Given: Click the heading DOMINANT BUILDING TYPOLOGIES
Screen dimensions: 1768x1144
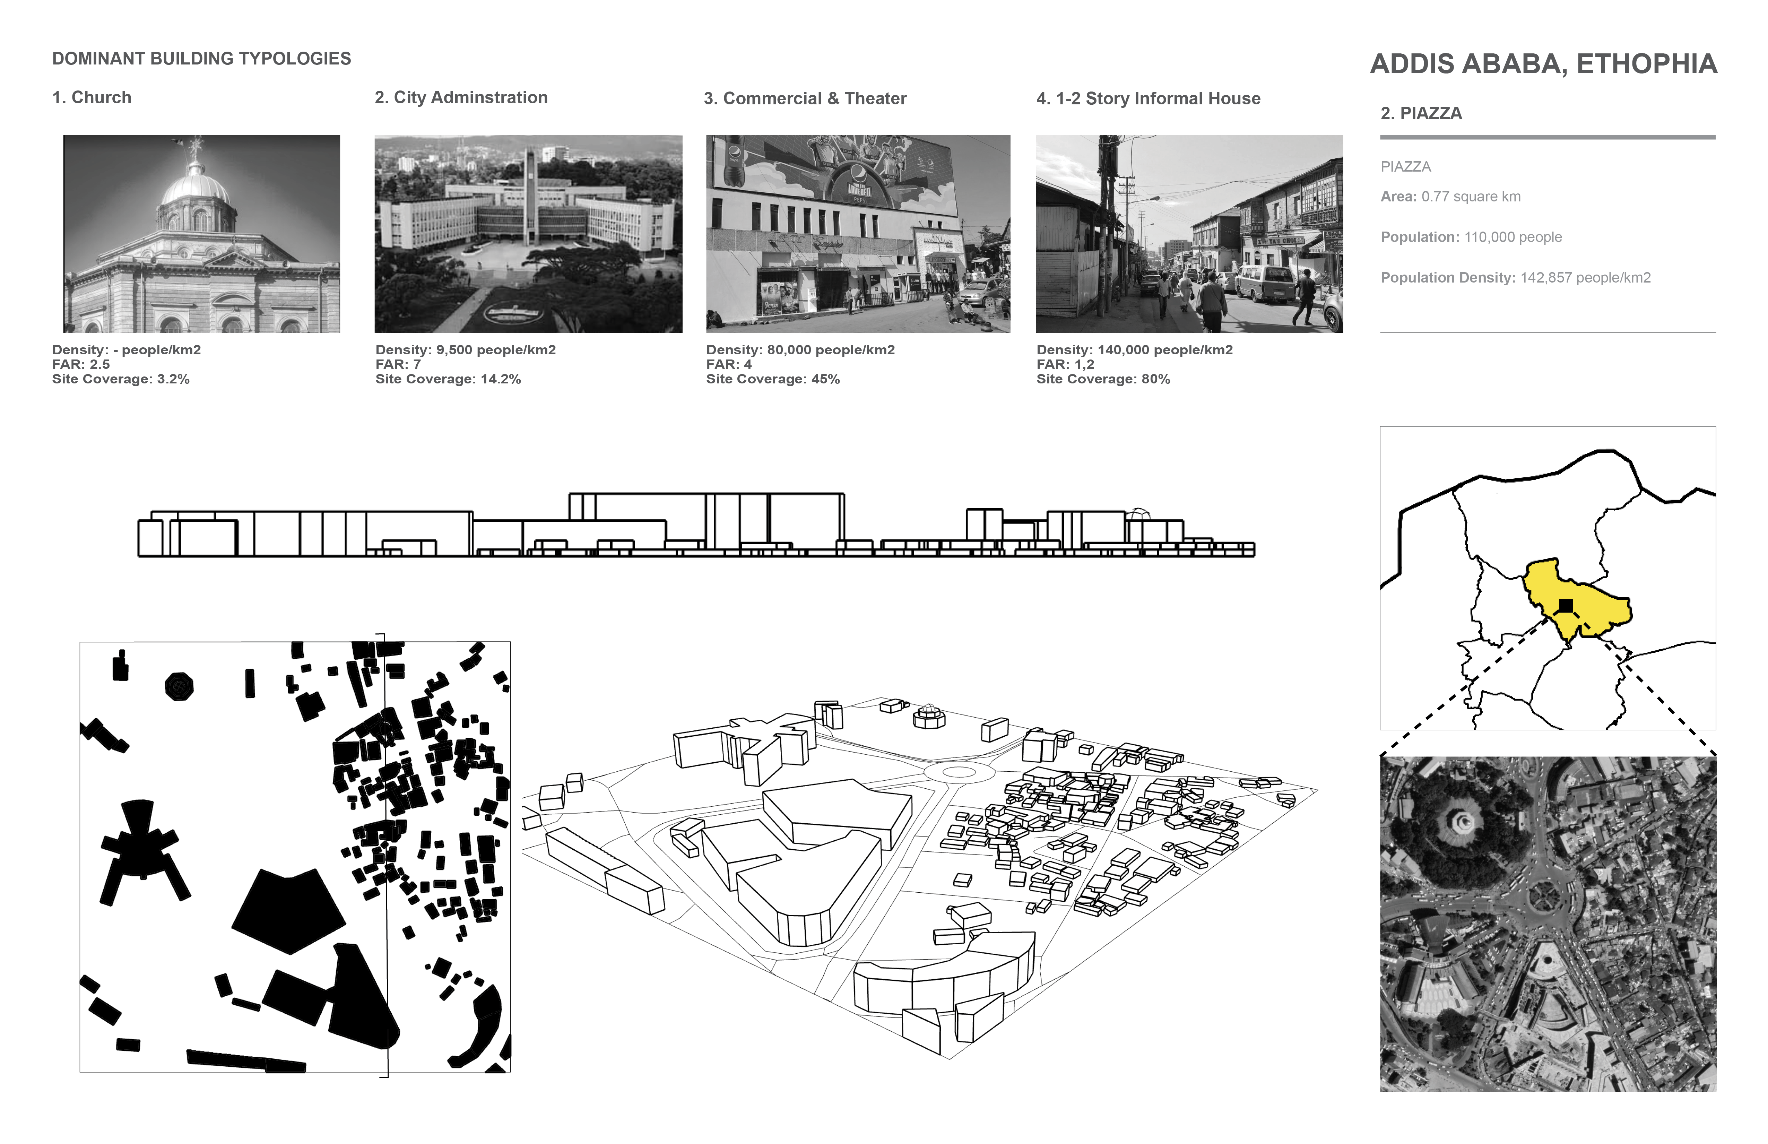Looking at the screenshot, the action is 201,59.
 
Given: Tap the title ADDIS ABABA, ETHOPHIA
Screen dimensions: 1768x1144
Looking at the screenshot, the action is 1543,64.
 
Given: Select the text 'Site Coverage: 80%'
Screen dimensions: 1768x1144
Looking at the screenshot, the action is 1103,379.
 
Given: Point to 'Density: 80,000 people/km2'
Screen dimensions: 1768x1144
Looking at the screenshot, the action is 800,350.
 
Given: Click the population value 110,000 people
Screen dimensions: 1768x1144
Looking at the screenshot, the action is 1513,237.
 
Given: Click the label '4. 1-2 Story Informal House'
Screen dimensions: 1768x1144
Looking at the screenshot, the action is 1148,98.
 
